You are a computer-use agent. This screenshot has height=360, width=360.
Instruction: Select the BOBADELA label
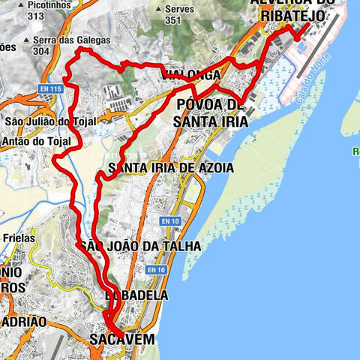(x=136, y=295)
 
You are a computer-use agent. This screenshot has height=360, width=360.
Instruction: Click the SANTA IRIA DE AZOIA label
(x=170, y=167)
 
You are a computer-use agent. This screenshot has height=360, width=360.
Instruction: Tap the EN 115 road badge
(x=50, y=88)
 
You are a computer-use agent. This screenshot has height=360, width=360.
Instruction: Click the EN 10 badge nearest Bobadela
(x=156, y=270)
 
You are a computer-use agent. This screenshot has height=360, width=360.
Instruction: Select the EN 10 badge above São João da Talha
(x=170, y=220)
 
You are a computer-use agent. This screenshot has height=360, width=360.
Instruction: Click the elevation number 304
(x=41, y=51)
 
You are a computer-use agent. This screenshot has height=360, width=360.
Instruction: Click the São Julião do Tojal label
(x=43, y=121)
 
